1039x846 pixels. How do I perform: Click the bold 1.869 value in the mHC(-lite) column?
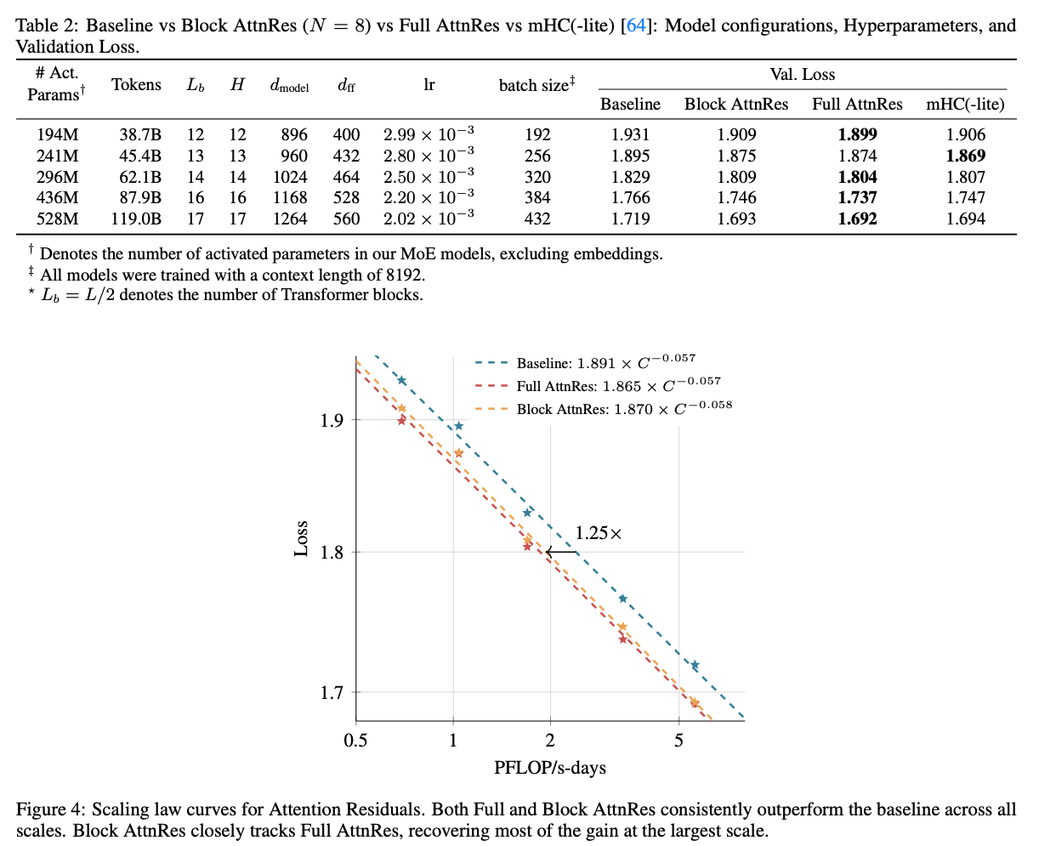point(966,156)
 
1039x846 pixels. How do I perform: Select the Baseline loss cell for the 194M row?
point(630,134)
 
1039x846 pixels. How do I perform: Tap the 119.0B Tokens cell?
point(135,219)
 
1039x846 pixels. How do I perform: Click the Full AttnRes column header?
point(857,105)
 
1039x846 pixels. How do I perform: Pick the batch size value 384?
point(537,197)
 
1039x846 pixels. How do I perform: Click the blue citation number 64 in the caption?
point(635,26)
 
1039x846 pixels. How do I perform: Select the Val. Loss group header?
point(803,75)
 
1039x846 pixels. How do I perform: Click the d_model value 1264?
point(289,219)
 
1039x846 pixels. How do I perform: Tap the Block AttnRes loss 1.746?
point(736,197)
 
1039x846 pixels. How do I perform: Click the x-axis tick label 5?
point(678,741)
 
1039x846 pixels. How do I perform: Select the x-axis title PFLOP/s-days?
point(550,768)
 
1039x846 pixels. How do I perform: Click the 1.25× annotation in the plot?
point(599,534)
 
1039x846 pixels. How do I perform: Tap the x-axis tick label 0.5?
point(355,741)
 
